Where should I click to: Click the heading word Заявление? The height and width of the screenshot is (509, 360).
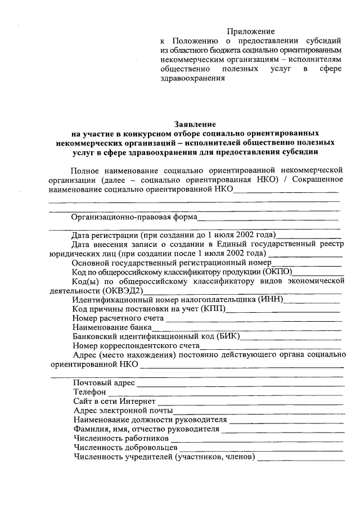(194, 124)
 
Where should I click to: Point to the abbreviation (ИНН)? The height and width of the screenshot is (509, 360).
(270, 300)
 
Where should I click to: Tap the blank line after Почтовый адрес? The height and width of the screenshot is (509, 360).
(240, 384)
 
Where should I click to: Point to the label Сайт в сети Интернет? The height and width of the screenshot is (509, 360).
(114, 402)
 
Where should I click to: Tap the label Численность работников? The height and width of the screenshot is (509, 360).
(121, 438)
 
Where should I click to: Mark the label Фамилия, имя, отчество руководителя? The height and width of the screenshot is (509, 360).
(146, 429)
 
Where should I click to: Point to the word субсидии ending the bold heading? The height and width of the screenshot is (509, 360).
(301, 151)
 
